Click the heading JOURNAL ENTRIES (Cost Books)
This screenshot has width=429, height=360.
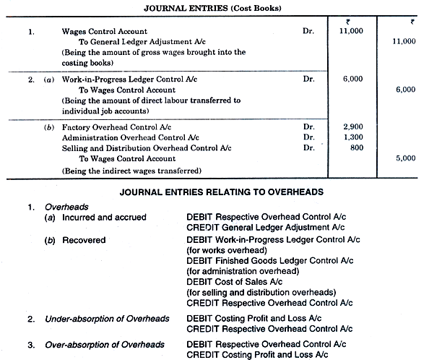pos(214,7)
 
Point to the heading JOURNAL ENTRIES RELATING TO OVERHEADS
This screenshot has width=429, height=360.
pos(214,192)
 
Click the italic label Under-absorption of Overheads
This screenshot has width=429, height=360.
pos(107,319)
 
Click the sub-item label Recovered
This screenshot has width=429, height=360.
pos(84,240)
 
